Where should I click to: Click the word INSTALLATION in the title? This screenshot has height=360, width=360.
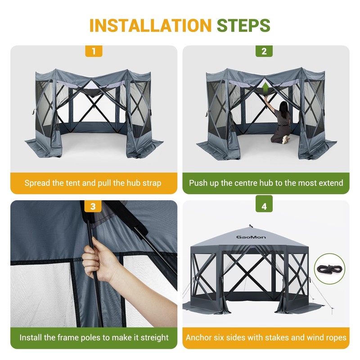[150, 25]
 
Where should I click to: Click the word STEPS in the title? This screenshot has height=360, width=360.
[243, 25]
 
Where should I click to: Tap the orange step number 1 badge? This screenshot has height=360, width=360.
[94, 51]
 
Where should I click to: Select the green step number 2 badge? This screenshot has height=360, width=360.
[264, 51]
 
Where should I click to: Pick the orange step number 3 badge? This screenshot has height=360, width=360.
[93, 206]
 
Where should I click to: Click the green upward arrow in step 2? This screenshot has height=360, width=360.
[265, 87]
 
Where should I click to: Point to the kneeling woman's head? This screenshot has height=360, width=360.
[284, 106]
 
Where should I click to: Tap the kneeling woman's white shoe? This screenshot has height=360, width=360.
[286, 139]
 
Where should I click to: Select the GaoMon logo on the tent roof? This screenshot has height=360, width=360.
[251, 237]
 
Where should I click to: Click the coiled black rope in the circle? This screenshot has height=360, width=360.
[329, 269]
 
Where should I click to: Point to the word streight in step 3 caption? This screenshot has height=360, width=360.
[154, 338]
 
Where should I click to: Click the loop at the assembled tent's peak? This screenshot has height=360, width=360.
[251, 226]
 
